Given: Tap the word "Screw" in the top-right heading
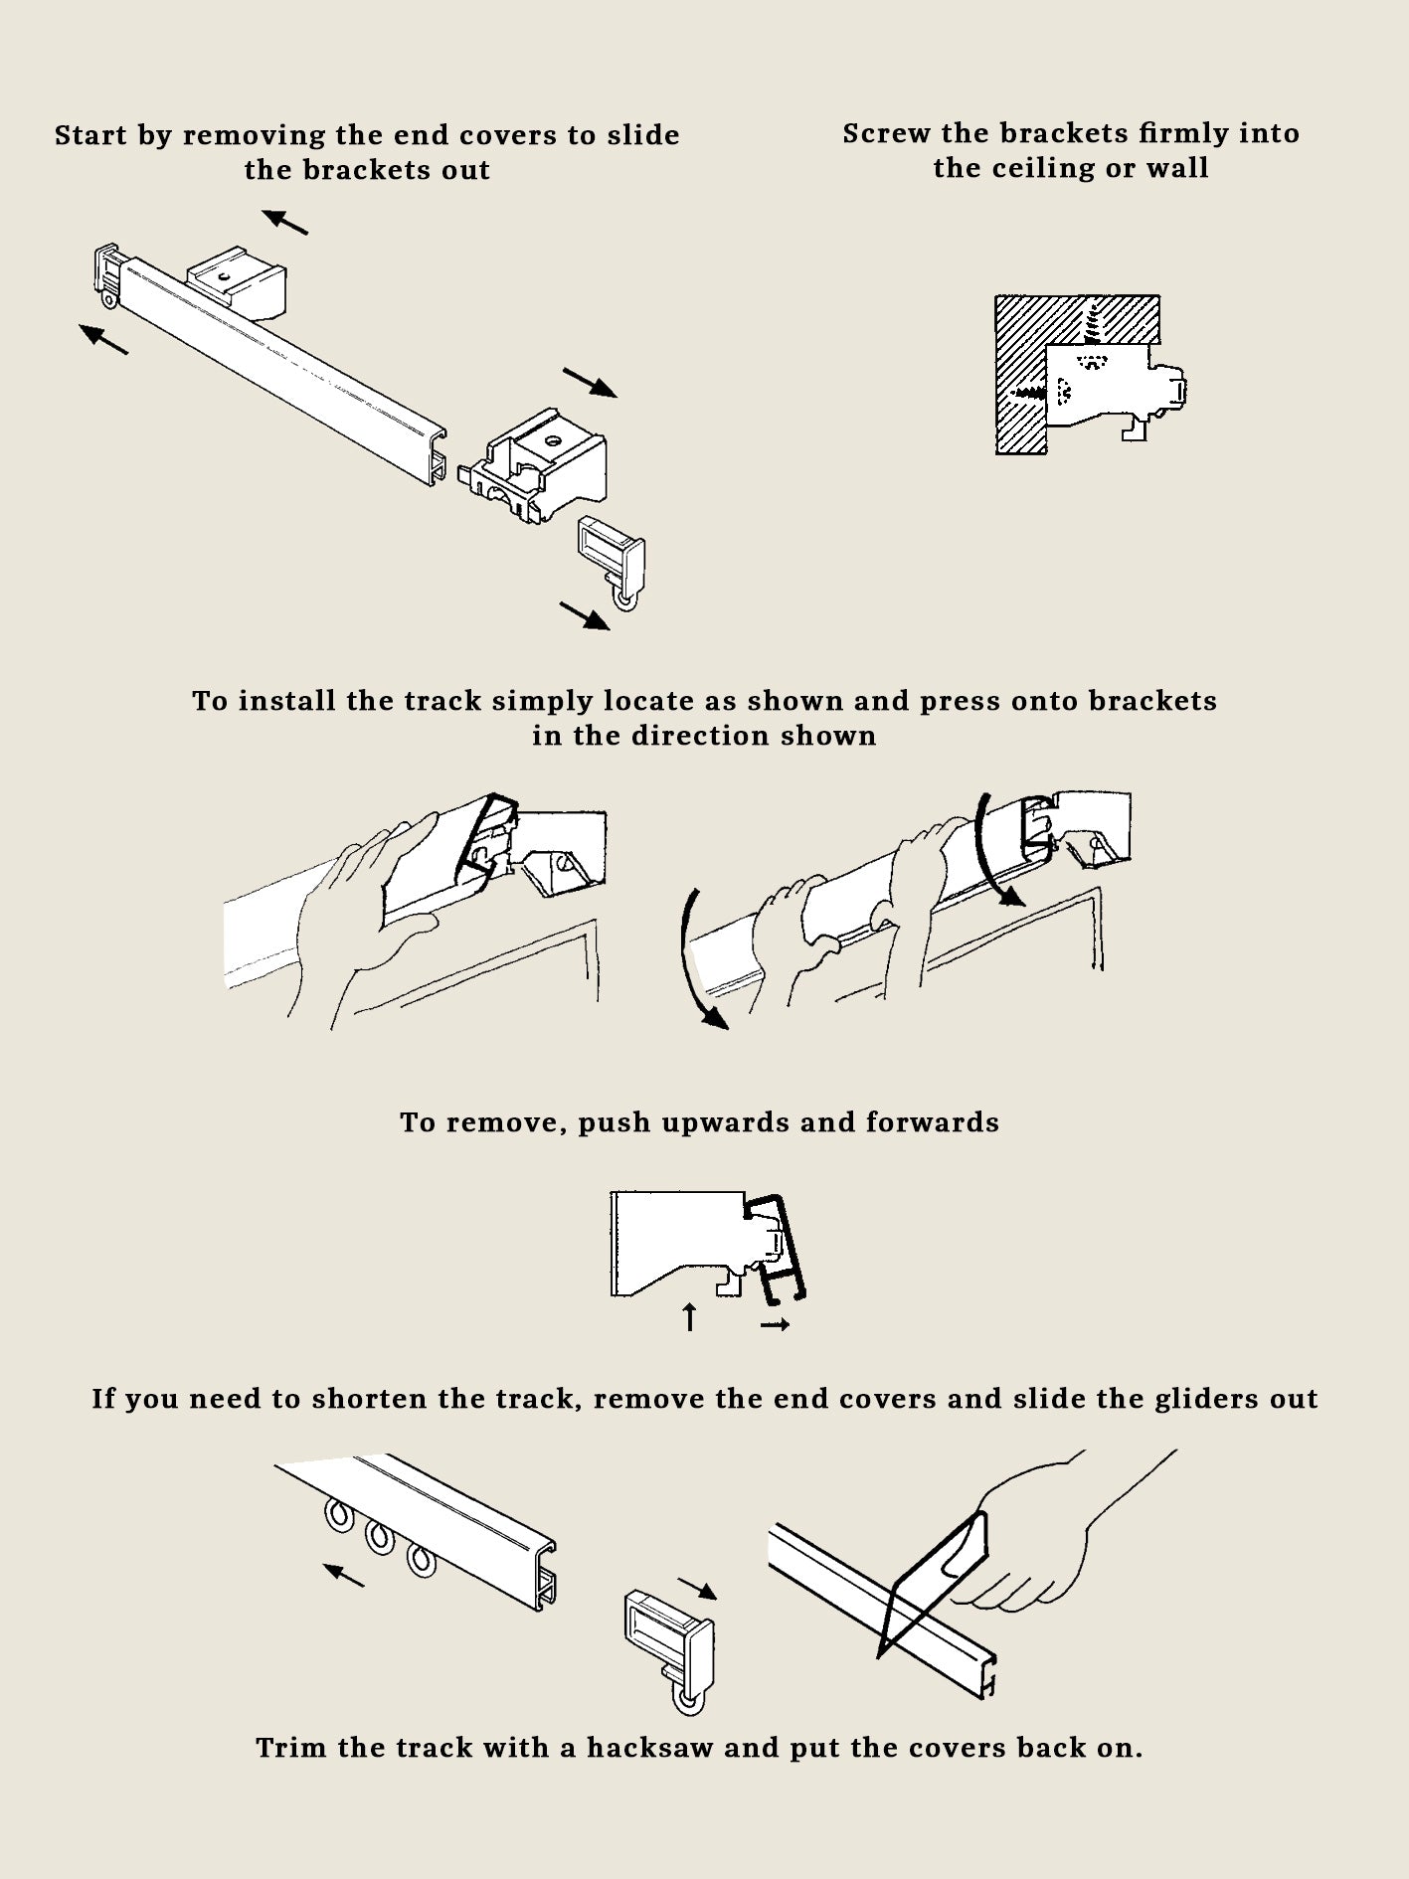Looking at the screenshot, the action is pyautogui.click(x=886, y=133).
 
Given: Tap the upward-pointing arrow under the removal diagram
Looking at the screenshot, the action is pyautogui.click(x=690, y=1317).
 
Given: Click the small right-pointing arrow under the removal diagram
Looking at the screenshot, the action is pyautogui.click(x=775, y=1324).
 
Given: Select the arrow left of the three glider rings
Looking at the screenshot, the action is pyautogui.click(x=344, y=1574).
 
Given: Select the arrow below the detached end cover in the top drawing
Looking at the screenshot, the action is pyautogui.click(x=585, y=615).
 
